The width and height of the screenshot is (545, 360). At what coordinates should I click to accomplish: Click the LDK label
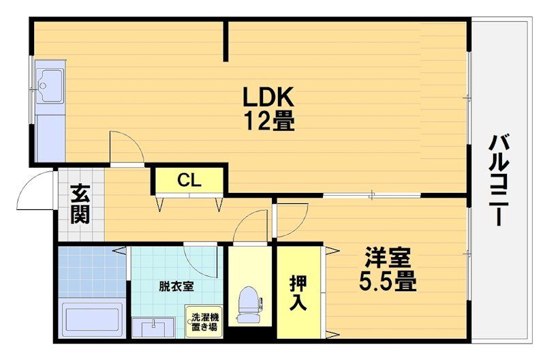coord(268,96)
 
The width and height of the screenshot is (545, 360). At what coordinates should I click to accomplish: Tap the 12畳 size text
coord(270,121)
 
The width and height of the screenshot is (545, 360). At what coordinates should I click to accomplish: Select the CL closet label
coord(189,180)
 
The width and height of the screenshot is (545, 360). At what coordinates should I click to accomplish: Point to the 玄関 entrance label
coord(80,204)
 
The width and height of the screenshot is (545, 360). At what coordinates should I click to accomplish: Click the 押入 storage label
coord(298,292)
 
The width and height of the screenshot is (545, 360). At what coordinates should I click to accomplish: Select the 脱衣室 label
coord(176,286)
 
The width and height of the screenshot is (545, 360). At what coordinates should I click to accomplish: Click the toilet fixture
coord(249,304)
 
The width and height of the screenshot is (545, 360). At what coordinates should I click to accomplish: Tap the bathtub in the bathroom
coord(92,317)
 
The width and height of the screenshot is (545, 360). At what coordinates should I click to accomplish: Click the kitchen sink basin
coord(50,85)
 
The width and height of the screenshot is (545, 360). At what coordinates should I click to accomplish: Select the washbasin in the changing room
coord(153,327)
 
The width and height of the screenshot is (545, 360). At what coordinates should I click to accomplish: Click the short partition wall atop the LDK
coord(226,41)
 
